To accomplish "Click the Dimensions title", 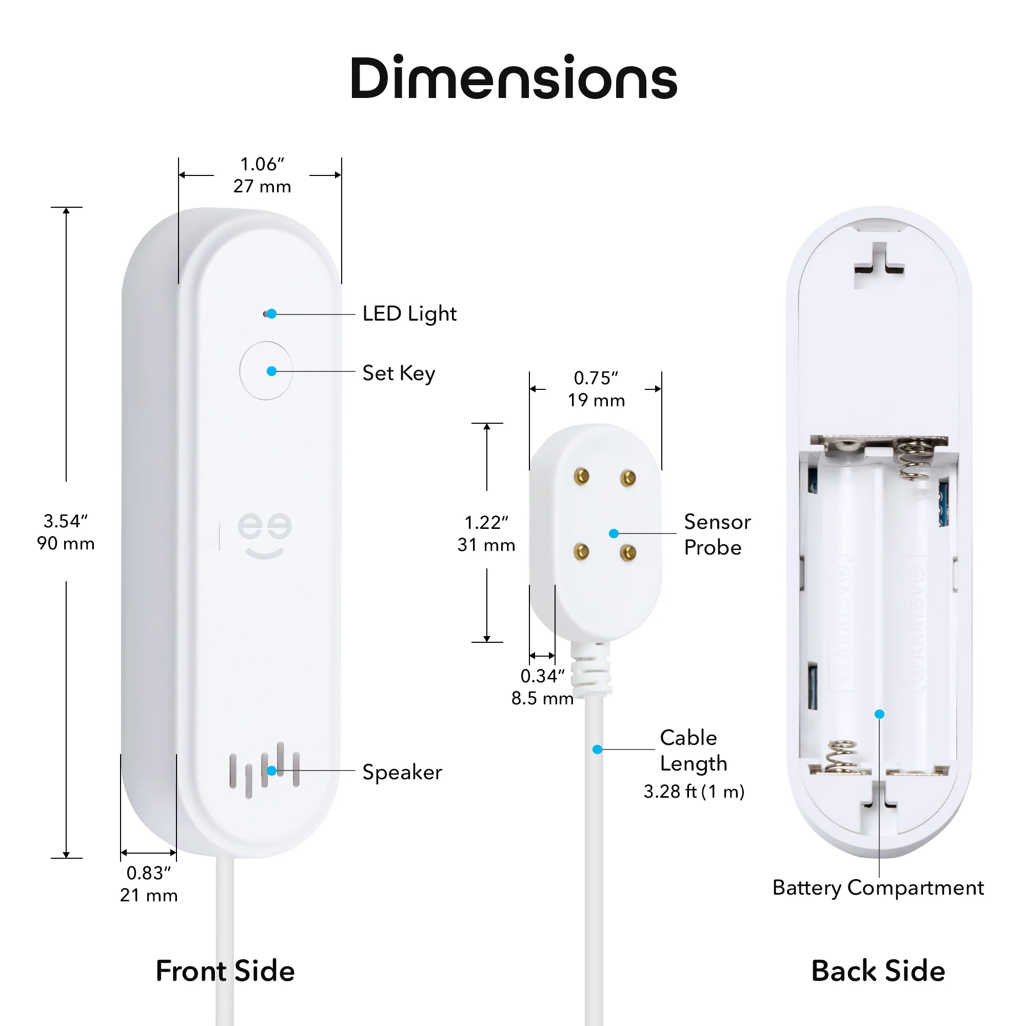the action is [x=513, y=78].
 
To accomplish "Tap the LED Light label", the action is [x=409, y=314].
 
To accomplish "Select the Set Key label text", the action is [x=399, y=373].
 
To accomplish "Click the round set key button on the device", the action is [x=266, y=371].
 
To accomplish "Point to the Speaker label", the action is [x=402, y=773].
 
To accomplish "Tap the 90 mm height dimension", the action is [x=66, y=543].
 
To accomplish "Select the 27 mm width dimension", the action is [x=262, y=186].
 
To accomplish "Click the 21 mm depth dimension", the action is [x=149, y=895].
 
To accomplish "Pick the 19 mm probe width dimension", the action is [x=597, y=401].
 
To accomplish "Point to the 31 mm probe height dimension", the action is [x=486, y=545].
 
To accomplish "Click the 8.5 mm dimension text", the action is [x=543, y=698].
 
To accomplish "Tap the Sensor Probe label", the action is [x=718, y=535].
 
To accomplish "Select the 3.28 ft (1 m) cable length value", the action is [x=694, y=792].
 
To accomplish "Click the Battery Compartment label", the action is [x=878, y=889].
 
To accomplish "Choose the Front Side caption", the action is [x=225, y=971].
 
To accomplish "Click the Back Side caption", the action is [x=878, y=971].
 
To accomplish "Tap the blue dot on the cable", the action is [x=598, y=749].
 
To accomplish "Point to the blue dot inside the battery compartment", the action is [x=879, y=714].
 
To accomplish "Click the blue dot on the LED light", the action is [x=271, y=314].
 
